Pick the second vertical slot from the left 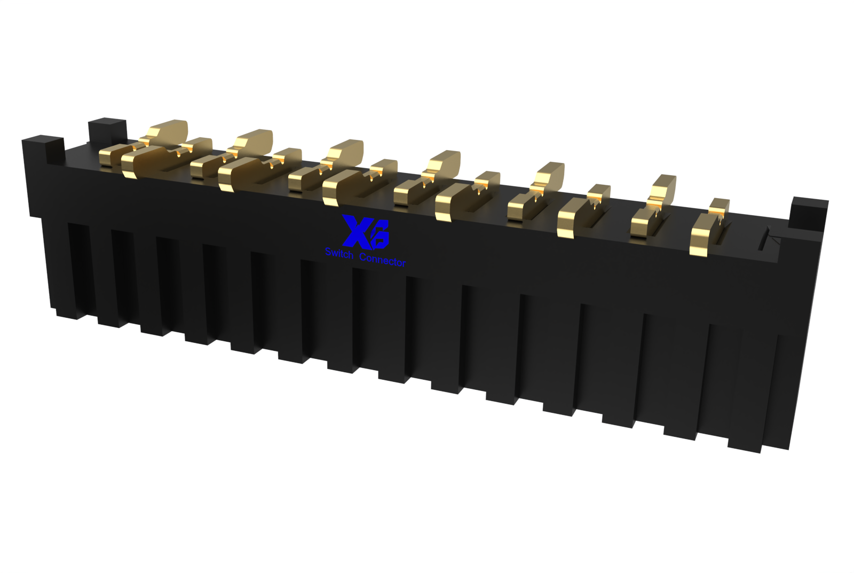tap(120, 278)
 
